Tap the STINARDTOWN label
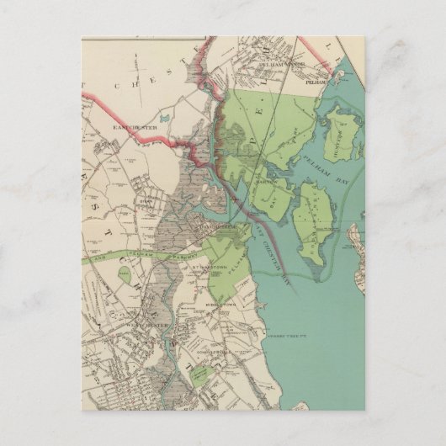pyautogui.click(x=206, y=269)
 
